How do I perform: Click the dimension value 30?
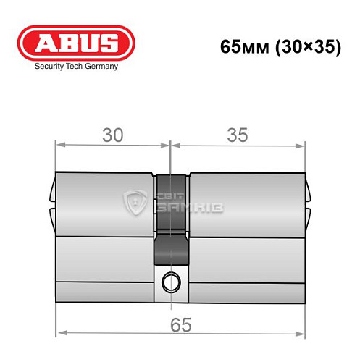112,135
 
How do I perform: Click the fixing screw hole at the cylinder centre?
171,280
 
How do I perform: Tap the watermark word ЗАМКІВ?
190,209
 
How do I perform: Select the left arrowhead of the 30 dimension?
61,145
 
